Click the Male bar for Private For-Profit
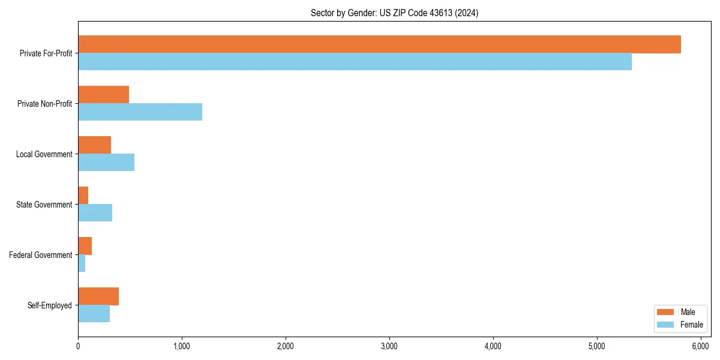[x=379, y=44]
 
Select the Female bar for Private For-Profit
[x=355, y=62]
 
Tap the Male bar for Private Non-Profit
[x=103, y=95]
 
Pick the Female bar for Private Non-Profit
[x=140, y=112]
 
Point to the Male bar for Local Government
[x=94, y=145]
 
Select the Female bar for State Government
[x=95, y=213]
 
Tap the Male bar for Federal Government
[x=85, y=246]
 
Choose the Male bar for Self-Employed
[x=98, y=296]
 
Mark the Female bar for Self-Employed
[x=94, y=314]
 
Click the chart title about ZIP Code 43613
[x=394, y=13]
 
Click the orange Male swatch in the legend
[x=666, y=312]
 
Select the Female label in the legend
[x=691, y=325]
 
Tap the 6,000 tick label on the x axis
[x=701, y=346]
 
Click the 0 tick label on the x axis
[x=78, y=346]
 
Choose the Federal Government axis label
[x=41, y=255]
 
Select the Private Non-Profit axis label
[x=44, y=104]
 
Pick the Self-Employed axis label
[x=50, y=305]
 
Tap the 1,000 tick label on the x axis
[x=182, y=346]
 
